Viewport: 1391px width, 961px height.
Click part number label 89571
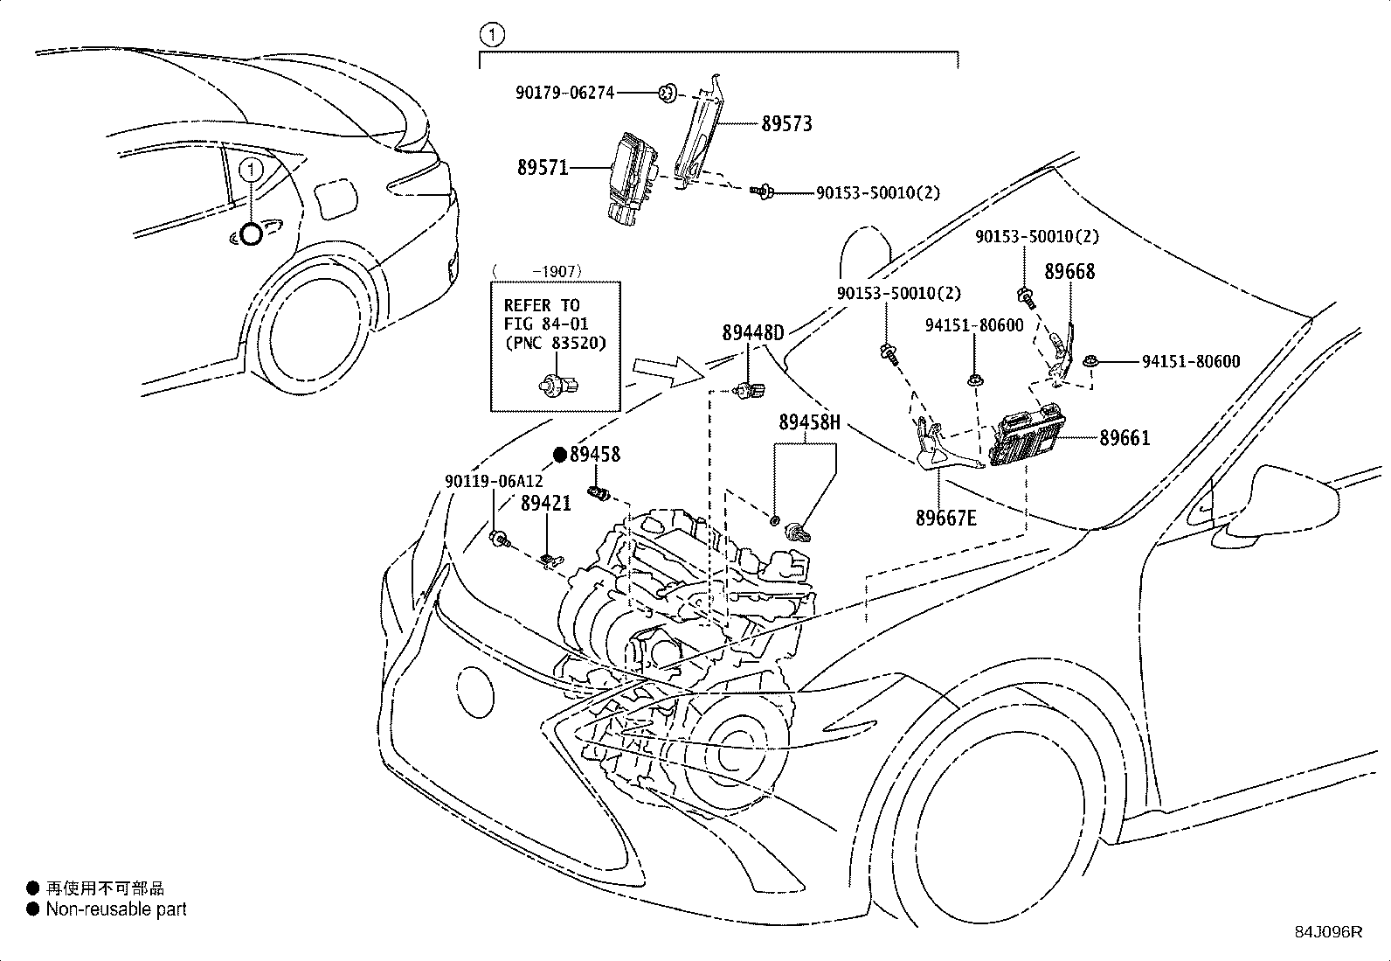point(543,167)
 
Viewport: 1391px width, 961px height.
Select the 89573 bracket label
point(786,123)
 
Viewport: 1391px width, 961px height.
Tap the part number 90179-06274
point(564,93)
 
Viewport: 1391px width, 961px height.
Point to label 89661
point(1125,438)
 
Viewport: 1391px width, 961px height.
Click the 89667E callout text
point(945,518)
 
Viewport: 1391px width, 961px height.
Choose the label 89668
point(1069,272)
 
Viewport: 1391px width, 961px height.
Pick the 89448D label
point(752,333)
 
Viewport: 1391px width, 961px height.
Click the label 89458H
point(809,422)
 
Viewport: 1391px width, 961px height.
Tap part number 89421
point(545,503)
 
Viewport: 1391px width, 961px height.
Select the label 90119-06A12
point(494,481)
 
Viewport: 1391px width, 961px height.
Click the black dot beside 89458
point(560,455)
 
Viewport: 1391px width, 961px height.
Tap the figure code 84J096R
point(1328,932)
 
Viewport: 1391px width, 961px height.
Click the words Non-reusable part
point(116,909)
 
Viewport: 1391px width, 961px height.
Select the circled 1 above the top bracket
point(493,35)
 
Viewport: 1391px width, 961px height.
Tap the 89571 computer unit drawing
point(633,178)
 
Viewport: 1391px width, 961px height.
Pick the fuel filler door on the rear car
point(336,198)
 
